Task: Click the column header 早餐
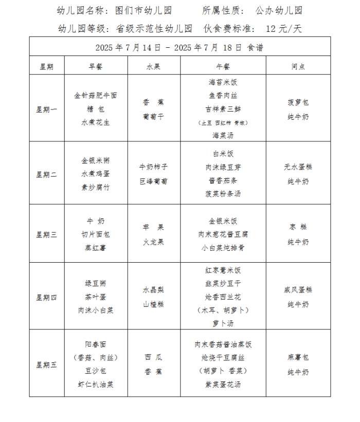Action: coord(96,66)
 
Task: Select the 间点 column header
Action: coord(298,66)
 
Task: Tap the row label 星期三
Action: coord(47,234)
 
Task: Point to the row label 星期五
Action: coord(47,365)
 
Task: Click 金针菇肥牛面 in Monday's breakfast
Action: coord(96,96)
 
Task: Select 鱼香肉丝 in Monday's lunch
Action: coord(223,96)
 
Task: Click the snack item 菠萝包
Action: coord(298,102)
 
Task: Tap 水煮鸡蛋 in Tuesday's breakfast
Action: coord(96,174)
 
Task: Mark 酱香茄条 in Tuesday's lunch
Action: coord(223,180)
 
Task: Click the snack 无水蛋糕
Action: coord(298,167)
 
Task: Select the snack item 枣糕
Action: coord(298,227)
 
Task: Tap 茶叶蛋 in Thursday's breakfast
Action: coord(96,297)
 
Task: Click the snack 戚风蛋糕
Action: coord(298,290)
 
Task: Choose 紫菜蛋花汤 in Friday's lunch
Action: coord(223,384)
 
